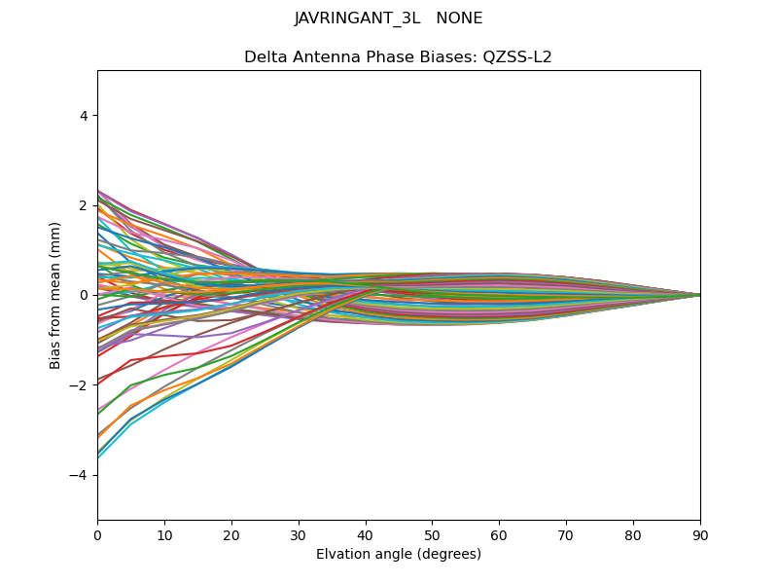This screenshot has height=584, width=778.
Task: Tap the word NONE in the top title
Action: pyautogui.click(x=460, y=18)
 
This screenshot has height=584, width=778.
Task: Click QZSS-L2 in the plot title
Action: pyautogui.click(x=518, y=56)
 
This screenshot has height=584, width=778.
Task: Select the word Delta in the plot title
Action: pyautogui.click(x=265, y=56)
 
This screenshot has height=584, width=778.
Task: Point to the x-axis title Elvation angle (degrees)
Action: pyautogui.click(x=399, y=554)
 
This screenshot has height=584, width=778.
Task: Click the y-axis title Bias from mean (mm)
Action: pyautogui.click(x=56, y=295)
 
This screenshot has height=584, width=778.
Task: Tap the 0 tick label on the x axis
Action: pyautogui.click(x=97, y=534)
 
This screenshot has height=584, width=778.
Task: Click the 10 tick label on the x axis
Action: pyautogui.click(x=164, y=534)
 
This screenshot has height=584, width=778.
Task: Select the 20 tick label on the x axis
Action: pyautogui.click(x=231, y=534)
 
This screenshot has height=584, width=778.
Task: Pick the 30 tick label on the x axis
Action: pyautogui.click(x=299, y=534)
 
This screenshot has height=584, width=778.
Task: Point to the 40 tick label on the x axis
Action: pyautogui.click(x=366, y=534)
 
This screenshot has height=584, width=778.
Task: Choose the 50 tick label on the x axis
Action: pyautogui.click(x=432, y=534)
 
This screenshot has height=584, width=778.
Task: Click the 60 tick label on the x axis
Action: pyautogui.click(x=499, y=534)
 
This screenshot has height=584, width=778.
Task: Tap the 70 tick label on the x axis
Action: pyautogui.click(x=566, y=534)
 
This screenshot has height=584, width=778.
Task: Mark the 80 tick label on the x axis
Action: pyautogui.click(x=633, y=534)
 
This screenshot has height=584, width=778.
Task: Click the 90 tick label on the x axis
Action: pyautogui.click(x=700, y=534)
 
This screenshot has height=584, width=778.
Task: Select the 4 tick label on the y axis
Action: pyautogui.click(x=85, y=115)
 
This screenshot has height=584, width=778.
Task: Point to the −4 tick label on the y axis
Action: pyautogui.click(x=80, y=475)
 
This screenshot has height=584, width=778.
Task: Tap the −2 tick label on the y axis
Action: pyautogui.click(x=80, y=384)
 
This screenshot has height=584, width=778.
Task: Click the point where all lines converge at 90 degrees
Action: pyautogui.click(x=700, y=295)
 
